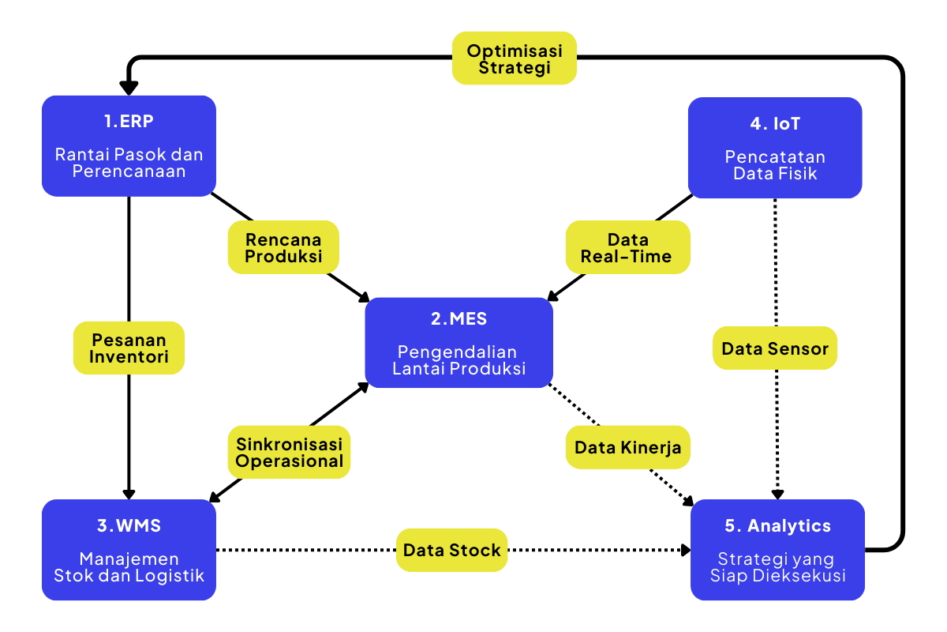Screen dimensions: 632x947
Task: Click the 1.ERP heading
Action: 128,124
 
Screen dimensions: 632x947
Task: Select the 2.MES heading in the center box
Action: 459,319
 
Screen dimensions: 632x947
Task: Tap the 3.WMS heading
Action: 128,526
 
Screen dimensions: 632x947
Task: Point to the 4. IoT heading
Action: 775,124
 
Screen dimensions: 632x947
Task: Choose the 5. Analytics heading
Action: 777,526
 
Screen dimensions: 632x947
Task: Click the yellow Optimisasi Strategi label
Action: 514,58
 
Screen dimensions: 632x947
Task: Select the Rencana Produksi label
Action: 283,247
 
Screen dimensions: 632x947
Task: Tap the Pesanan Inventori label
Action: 129,348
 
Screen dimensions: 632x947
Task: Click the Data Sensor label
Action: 774,348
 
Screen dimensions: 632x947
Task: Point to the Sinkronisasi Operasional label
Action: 290,452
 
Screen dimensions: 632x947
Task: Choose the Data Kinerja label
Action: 627,448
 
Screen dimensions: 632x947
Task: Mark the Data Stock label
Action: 451,550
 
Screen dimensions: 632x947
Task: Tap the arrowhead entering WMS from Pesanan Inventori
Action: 129,491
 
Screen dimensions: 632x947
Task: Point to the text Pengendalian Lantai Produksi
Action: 459,360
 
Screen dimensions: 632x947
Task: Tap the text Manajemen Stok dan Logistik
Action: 129,567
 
